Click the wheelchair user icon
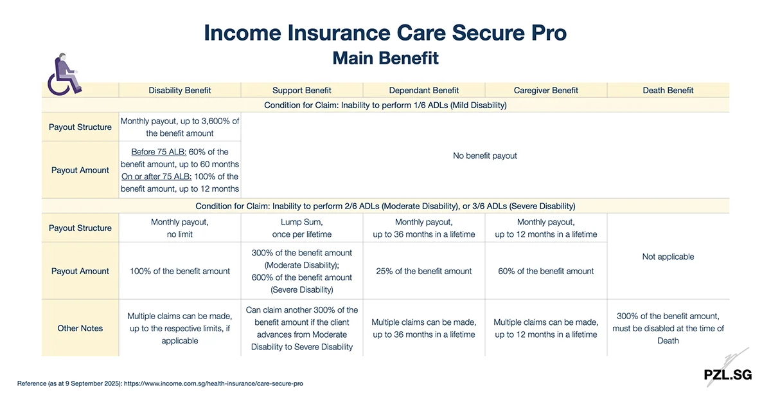tap(64, 76)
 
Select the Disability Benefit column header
tap(180, 91)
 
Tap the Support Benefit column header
tap(302, 91)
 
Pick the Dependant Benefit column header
tap(424, 91)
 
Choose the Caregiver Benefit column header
tap(546, 91)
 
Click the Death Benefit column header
tap(668, 91)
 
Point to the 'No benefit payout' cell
tap(485, 156)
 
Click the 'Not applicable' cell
tap(668, 257)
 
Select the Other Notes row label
tap(80, 328)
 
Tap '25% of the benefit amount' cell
tap(424, 271)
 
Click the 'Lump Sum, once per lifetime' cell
tap(302, 228)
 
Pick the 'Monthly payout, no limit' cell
tap(180, 228)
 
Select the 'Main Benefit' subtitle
tap(385, 58)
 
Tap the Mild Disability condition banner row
tap(385, 105)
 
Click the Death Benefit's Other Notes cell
tap(668, 328)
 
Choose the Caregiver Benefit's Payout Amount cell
tap(546, 271)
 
